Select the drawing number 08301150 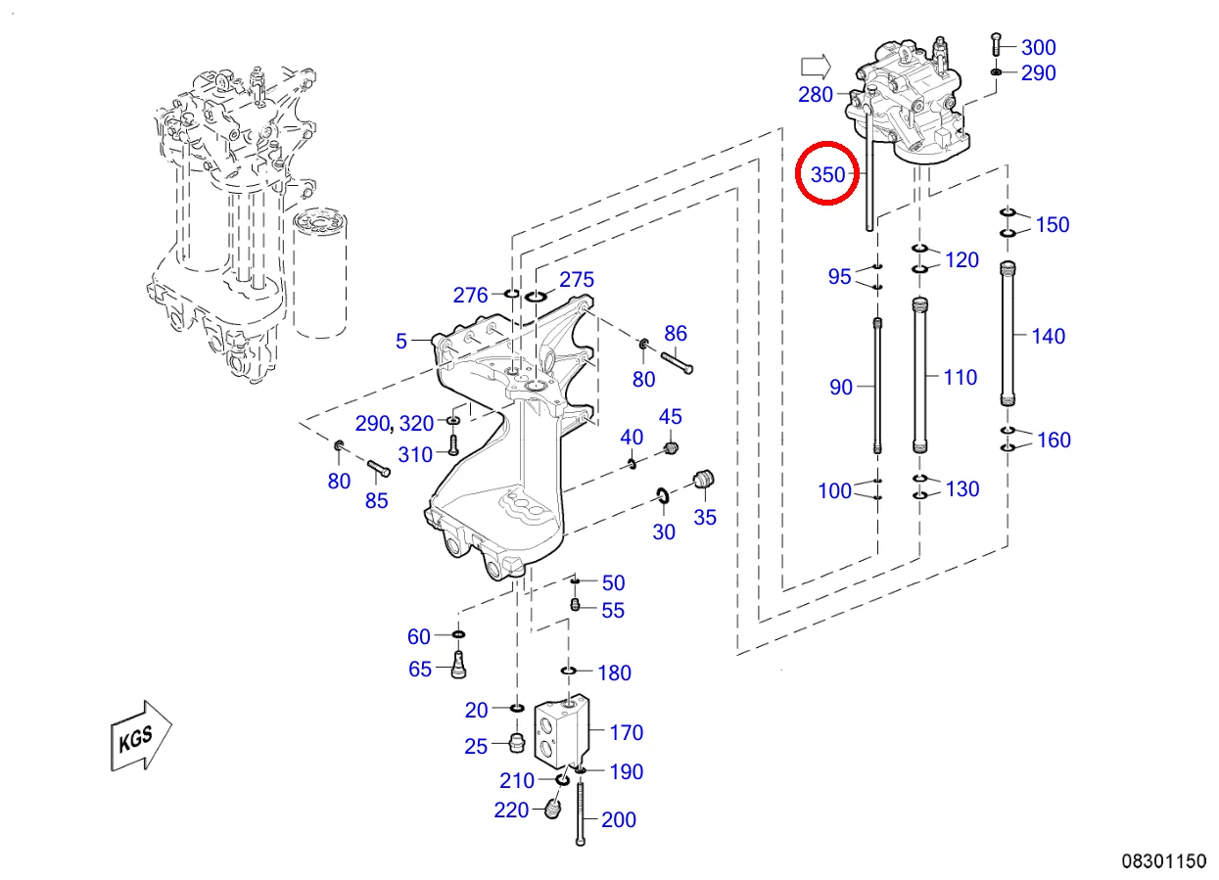(x=1163, y=861)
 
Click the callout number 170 (x=626, y=732)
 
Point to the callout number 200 (x=618, y=820)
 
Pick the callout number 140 (x=1048, y=336)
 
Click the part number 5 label (x=401, y=341)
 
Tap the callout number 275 (x=577, y=280)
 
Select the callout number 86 (x=676, y=333)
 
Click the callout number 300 (x=1038, y=47)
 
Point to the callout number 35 (x=705, y=518)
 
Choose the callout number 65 (x=419, y=670)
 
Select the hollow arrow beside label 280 (x=815, y=67)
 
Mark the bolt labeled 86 (x=678, y=362)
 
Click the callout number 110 (x=960, y=377)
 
